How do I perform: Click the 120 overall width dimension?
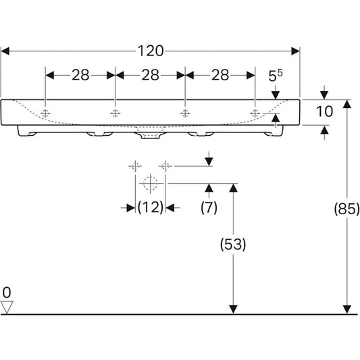coord(151,51)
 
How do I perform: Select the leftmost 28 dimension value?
coord(80,75)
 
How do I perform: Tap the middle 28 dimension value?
coord(150,75)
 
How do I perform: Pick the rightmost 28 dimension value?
coord(220,75)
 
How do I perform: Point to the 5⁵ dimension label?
coord(276,76)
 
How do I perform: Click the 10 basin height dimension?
coord(324,111)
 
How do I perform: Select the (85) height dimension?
coord(346,209)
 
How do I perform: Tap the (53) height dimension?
coord(233,244)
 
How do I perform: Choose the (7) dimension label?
coord(209,207)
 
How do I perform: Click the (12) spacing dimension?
coord(151,207)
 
